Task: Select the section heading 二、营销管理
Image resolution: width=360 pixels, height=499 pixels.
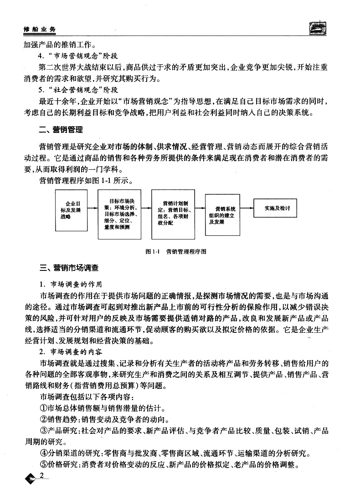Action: (x=61, y=130)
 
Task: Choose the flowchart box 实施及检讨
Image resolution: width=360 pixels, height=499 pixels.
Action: (x=277, y=208)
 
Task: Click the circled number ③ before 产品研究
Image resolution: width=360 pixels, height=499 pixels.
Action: (x=44, y=431)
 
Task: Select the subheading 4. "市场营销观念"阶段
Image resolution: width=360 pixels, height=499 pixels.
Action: (x=78, y=57)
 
